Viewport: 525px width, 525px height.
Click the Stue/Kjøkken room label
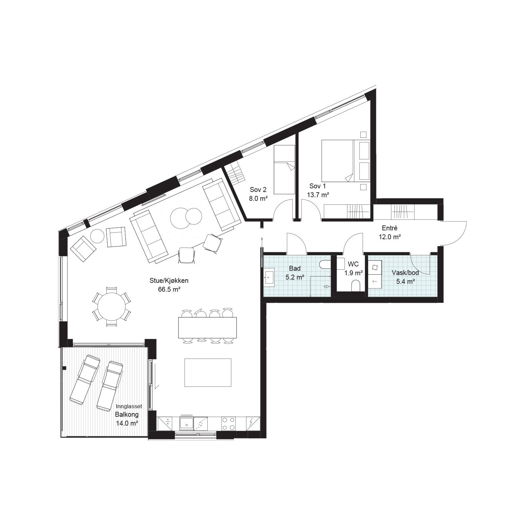point(169,281)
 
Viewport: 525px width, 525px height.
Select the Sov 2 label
point(258,190)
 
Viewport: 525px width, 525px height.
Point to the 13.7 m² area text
point(318,195)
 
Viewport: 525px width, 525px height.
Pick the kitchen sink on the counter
point(186,423)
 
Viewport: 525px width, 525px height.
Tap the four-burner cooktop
point(228,424)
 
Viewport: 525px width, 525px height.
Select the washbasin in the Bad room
point(269,278)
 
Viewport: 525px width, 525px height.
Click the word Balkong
point(127,414)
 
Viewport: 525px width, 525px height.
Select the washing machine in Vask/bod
point(375,267)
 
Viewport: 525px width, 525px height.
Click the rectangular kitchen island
point(208,372)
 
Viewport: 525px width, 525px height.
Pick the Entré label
point(390,228)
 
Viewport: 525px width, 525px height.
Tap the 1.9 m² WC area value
point(353,273)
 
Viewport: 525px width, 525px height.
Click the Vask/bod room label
point(406,273)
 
